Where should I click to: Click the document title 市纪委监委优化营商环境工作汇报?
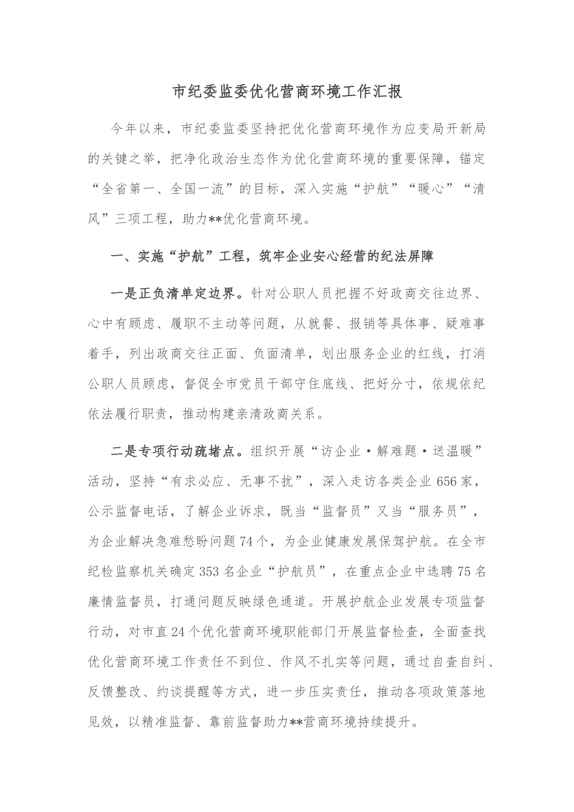pos(287,92)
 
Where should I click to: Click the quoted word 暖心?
pos(422,188)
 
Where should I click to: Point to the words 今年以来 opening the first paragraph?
pos(138,128)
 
